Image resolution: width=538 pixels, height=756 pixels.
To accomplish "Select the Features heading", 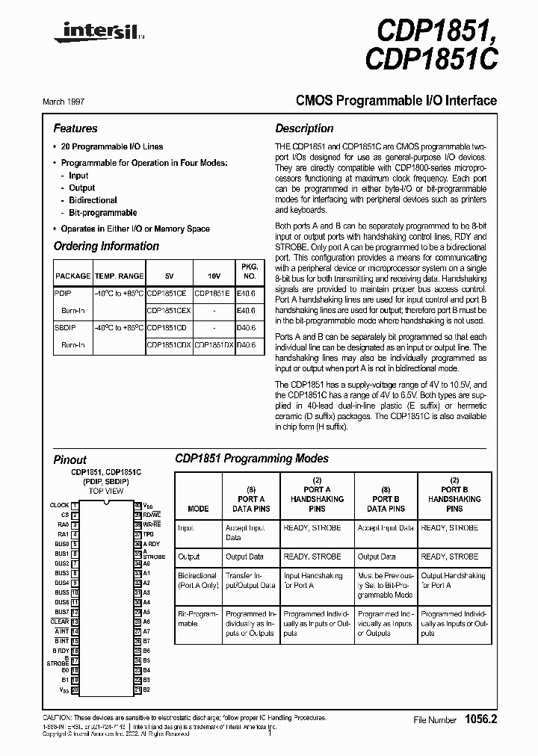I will (75, 128).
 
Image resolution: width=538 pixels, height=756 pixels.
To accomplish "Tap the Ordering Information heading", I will (106, 247).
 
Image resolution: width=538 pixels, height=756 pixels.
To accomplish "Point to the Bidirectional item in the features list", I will (93, 200).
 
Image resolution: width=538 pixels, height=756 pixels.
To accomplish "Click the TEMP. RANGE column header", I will (119, 276).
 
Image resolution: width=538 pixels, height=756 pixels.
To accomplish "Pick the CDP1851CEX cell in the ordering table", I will (169, 310).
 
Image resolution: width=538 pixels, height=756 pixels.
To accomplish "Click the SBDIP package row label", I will (65, 327).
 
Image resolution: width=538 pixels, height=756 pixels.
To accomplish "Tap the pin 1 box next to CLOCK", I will (75, 505).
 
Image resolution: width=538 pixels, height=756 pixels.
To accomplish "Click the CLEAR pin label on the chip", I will (60, 622).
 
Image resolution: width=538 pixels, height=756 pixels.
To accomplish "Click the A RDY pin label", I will (152, 544).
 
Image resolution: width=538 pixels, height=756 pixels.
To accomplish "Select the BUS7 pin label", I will (61, 612).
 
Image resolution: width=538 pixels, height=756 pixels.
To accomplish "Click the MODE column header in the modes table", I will (197, 509).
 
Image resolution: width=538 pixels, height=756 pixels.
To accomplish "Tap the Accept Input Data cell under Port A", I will (245, 532).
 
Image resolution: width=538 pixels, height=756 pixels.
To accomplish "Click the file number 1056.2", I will (480, 719).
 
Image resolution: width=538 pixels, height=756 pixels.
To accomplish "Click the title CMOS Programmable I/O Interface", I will (386, 101).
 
